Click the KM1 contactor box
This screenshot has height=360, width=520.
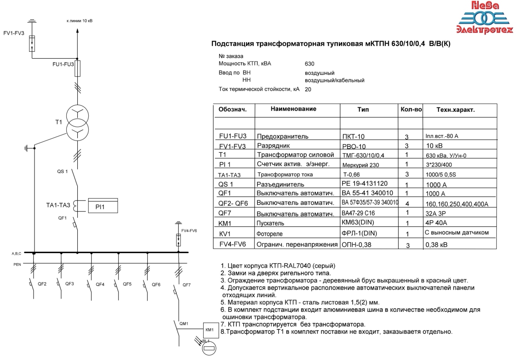point(210,330)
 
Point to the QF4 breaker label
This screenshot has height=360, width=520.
point(100,285)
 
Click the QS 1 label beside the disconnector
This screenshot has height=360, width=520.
point(62,171)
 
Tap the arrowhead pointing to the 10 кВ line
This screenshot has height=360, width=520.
point(77,30)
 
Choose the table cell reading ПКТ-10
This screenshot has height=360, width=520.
point(353,136)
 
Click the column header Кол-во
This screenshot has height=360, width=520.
point(411,110)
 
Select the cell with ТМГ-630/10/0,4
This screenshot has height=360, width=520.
point(363,155)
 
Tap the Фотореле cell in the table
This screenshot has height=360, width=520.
point(271,234)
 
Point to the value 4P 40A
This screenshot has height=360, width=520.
point(436,223)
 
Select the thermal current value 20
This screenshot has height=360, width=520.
point(308,90)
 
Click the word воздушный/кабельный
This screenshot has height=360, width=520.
point(335,80)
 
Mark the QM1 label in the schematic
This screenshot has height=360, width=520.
point(184,324)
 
